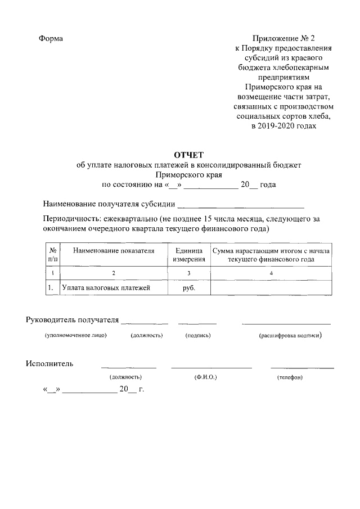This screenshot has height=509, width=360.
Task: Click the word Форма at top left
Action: [51, 39]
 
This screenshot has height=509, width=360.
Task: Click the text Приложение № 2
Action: [284, 39]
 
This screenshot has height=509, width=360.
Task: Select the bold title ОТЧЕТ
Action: [189, 155]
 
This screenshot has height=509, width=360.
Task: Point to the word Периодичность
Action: [70, 219]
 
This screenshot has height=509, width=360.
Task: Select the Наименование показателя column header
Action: [114, 251]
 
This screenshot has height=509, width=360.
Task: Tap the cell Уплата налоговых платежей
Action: [106, 288]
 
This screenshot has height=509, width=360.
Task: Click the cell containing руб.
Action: [188, 288]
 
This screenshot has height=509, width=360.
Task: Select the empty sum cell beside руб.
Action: [272, 288]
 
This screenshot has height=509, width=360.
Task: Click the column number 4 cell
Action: [271, 273]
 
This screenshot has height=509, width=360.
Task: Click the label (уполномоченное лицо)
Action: [76, 336]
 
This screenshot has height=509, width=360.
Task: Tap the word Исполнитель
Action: [49, 363]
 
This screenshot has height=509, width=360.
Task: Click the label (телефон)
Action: [290, 377]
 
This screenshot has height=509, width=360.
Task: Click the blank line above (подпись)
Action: [197, 323]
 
